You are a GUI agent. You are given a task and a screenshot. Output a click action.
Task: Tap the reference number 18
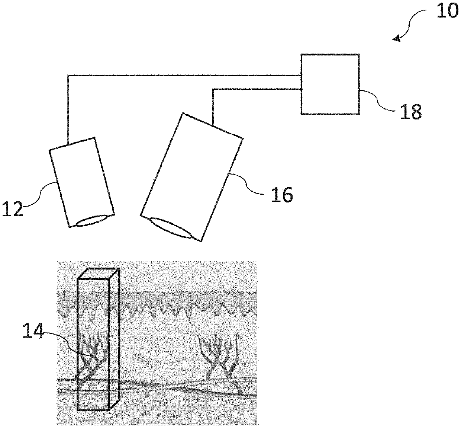(x=411, y=111)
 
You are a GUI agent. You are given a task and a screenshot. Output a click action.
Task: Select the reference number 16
(x=281, y=194)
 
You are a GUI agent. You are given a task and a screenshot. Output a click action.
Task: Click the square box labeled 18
(x=330, y=84)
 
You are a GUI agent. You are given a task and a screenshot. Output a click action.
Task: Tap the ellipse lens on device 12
(x=94, y=220)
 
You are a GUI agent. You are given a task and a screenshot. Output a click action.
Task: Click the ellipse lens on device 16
(x=171, y=227)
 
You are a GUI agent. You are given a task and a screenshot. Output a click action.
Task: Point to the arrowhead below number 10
(x=397, y=38)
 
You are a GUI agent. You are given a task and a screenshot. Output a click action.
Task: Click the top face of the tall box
(x=98, y=273)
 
